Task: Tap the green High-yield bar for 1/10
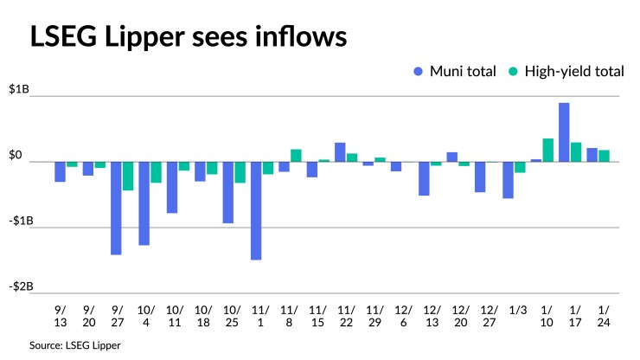tap(548, 150)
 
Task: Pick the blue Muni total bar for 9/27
tap(116, 208)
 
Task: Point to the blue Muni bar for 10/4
tap(144, 203)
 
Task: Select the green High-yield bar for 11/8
tap(296, 156)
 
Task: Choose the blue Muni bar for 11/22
tap(340, 152)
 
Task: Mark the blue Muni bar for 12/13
tap(424, 178)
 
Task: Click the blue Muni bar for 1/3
tap(508, 180)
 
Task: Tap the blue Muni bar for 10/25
tap(228, 192)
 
